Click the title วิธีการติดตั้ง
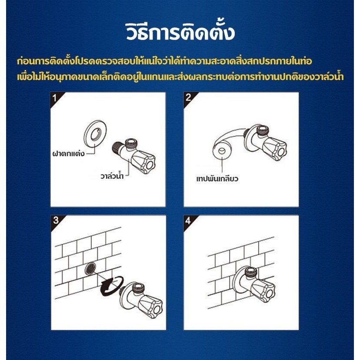point(180,31)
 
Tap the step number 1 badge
point(55,98)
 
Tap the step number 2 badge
point(188,97)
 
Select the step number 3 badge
point(56,220)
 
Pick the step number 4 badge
point(188,220)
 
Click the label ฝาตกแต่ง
point(68,153)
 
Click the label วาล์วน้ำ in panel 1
point(112,176)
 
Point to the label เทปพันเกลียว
point(217,178)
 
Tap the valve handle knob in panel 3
point(151,306)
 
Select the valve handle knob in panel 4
point(264,290)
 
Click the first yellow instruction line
point(164,61)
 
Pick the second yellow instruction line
point(180,77)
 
